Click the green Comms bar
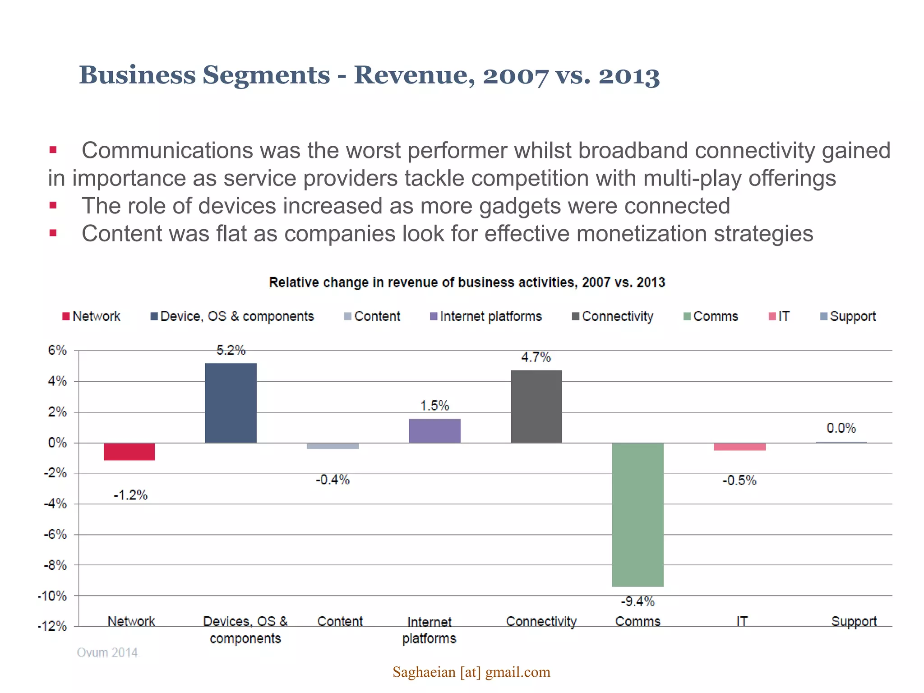(x=638, y=514)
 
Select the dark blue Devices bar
(x=231, y=403)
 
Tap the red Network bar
(x=129, y=452)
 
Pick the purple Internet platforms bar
(x=434, y=431)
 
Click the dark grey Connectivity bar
(x=536, y=407)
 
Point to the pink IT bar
(x=739, y=447)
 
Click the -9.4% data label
(x=638, y=601)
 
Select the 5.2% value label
(x=231, y=351)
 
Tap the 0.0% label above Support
(x=841, y=428)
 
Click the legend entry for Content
(x=373, y=316)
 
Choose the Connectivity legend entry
(x=613, y=316)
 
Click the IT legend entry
(x=779, y=316)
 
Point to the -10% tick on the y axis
(x=52, y=596)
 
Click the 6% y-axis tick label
(x=57, y=351)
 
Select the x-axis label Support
(x=854, y=622)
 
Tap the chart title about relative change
(x=467, y=282)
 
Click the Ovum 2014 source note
(x=107, y=653)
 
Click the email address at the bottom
(x=471, y=672)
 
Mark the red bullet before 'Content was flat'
(x=53, y=233)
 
